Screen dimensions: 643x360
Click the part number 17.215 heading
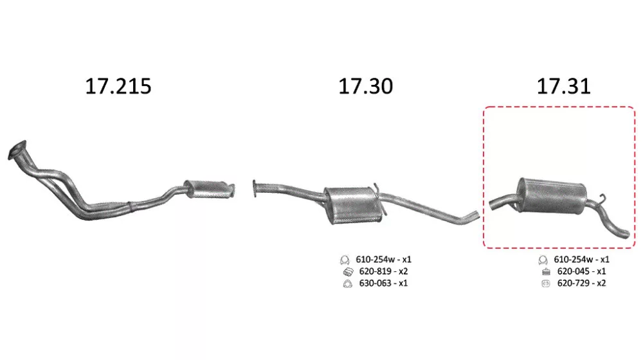(x=118, y=86)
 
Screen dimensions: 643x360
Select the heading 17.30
(x=365, y=86)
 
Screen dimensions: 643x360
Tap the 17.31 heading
(x=563, y=86)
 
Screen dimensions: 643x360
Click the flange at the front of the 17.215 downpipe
(x=17, y=150)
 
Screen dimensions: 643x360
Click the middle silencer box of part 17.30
(x=352, y=205)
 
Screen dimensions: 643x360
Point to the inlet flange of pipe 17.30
(x=255, y=188)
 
